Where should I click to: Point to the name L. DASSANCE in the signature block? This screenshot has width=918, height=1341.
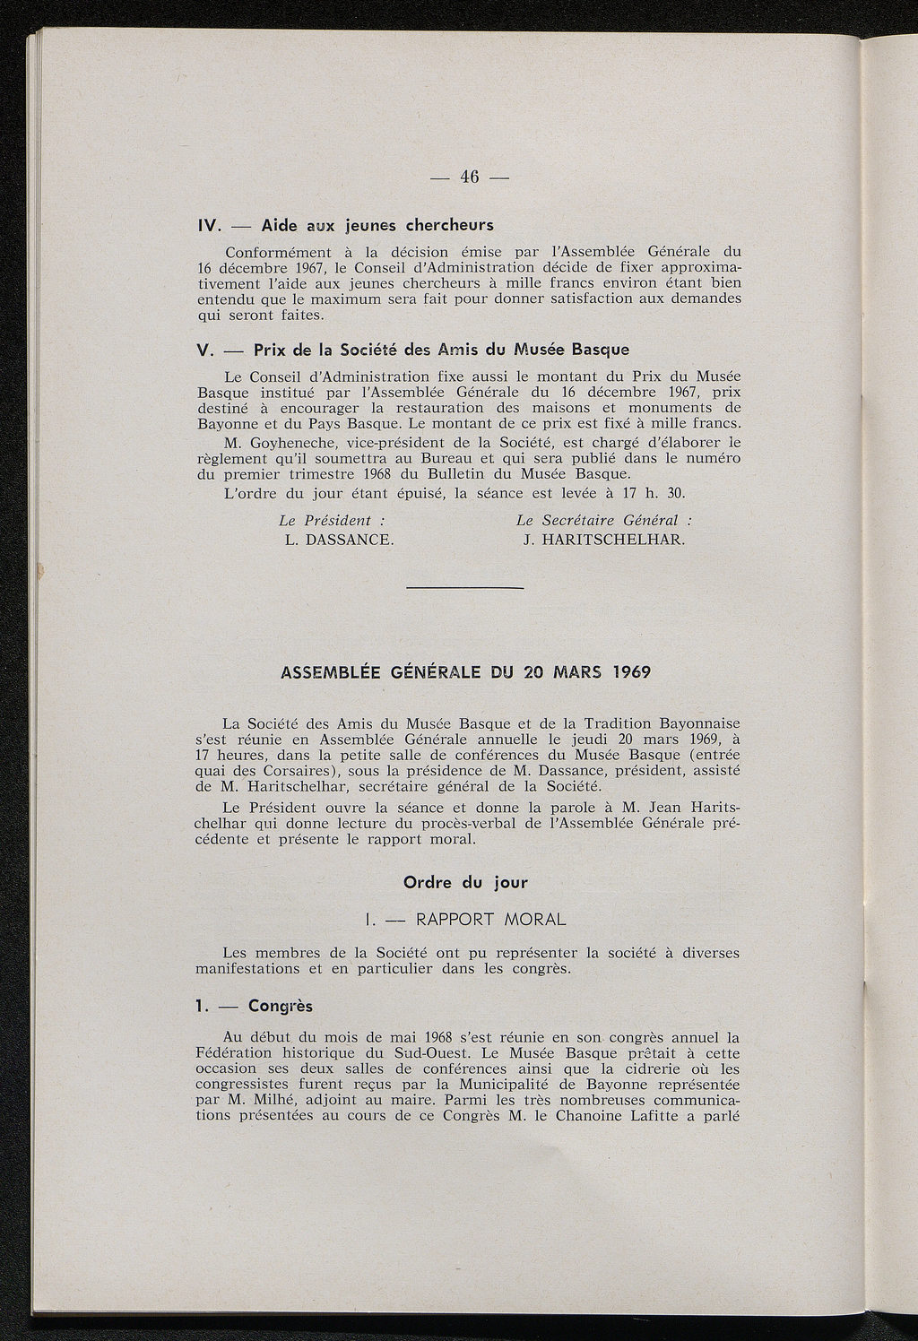[x=339, y=541]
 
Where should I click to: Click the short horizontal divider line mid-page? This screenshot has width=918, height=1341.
[x=464, y=588]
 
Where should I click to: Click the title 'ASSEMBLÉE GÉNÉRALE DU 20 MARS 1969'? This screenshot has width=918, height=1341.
[x=465, y=672]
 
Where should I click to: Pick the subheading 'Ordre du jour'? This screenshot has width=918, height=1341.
[x=466, y=882]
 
